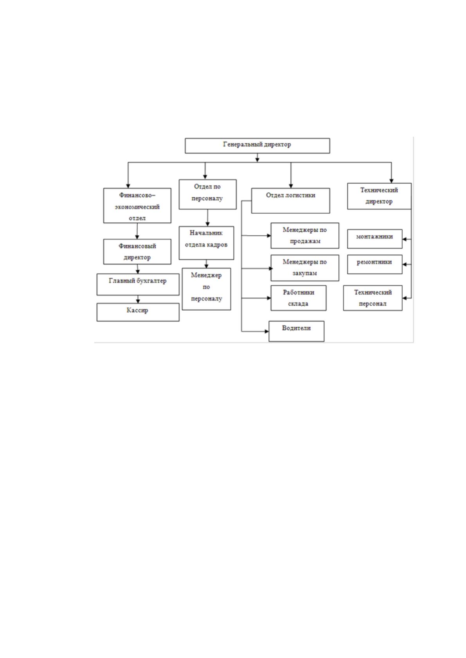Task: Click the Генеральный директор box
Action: click(257, 146)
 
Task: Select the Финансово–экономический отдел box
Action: click(137, 206)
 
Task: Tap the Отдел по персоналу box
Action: click(207, 195)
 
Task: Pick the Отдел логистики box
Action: click(290, 200)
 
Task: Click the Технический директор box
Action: click(379, 196)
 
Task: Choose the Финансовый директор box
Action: click(137, 252)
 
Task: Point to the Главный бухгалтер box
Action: click(138, 284)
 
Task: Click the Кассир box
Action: click(138, 312)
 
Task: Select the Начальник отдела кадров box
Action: click(206, 243)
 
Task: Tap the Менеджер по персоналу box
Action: click(206, 289)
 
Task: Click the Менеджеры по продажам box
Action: click(305, 236)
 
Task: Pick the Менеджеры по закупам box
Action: click(305, 268)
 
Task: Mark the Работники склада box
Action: click(298, 298)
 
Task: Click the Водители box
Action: click(296, 331)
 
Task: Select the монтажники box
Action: click(374, 239)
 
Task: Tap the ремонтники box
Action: click(374, 265)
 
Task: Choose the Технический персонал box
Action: click(372, 298)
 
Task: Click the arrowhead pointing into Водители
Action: click(266, 331)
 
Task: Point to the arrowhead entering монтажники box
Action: click(405, 240)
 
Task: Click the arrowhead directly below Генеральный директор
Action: click(257, 159)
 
